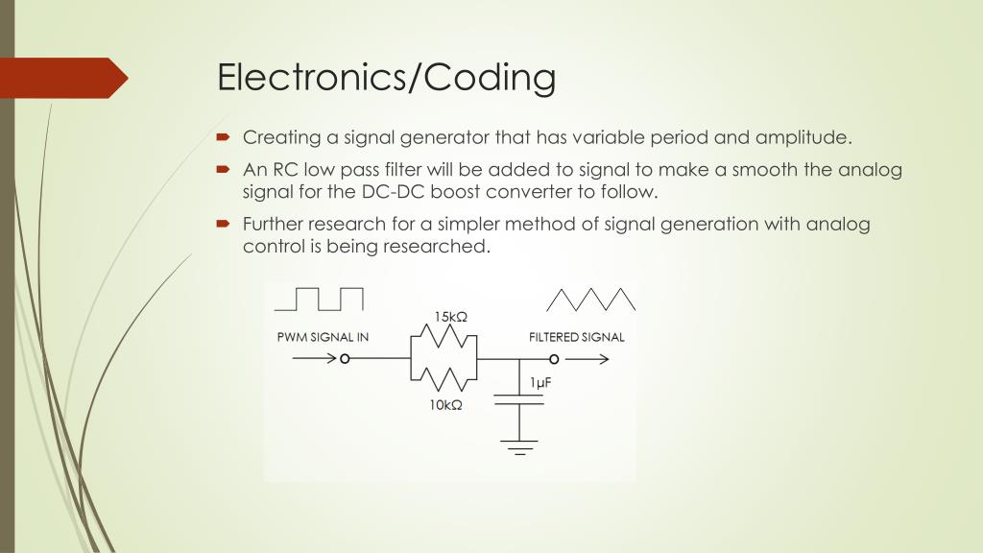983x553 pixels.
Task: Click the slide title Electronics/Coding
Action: click(x=386, y=78)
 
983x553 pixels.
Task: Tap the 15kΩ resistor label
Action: click(x=450, y=318)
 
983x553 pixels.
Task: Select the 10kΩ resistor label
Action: click(x=446, y=405)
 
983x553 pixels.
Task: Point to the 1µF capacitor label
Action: click(x=540, y=382)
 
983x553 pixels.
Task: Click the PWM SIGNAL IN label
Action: click(x=323, y=337)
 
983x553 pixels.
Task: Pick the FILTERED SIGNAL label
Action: click(x=576, y=337)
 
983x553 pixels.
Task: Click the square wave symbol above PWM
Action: click(x=319, y=299)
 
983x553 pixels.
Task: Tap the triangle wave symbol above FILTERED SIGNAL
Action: click(x=590, y=299)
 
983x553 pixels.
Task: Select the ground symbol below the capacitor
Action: click(x=519, y=445)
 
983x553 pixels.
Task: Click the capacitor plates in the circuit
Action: click(x=519, y=399)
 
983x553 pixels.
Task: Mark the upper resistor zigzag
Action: click(x=444, y=337)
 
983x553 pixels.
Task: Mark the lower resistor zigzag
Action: click(x=444, y=379)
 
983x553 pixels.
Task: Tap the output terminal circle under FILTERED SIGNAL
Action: click(x=554, y=359)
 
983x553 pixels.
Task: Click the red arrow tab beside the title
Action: click(x=62, y=78)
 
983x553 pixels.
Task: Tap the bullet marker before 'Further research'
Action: click(x=222, y=226)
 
